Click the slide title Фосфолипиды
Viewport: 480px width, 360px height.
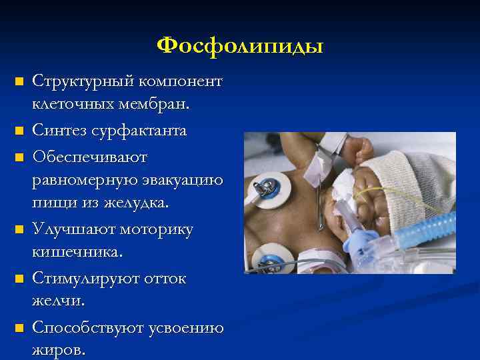(240, 45)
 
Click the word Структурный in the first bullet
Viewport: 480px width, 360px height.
(74, 81)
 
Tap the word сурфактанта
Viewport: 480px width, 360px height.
(143, 131)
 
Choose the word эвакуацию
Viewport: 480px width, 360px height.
(181, 180)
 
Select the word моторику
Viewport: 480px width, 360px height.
(156, 229)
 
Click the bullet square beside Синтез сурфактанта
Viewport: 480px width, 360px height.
(19, 131)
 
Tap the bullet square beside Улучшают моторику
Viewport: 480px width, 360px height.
(19, 230)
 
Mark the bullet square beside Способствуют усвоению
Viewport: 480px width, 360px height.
(19, 329)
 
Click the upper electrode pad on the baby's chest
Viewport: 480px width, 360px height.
(268, 188)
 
